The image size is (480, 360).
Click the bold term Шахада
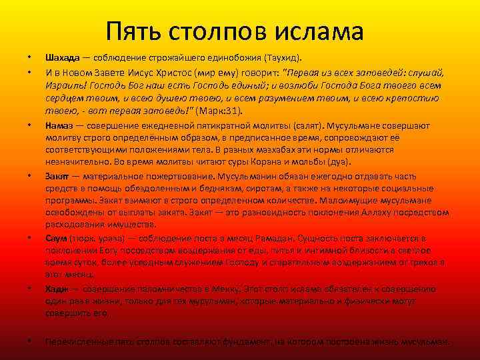tap(61, 57)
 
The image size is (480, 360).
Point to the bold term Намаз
tap(59, 125)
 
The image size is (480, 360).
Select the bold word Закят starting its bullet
tap(58, 176)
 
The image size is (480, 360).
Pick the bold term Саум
tap(56, 238)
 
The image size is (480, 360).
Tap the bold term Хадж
tap(57, 289)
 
